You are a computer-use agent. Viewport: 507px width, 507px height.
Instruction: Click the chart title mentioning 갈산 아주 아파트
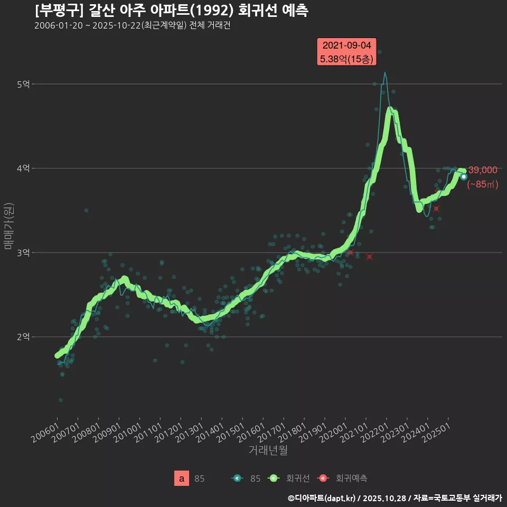(x=172, y=10)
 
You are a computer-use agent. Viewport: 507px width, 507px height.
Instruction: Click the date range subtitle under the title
(x=132, y=26)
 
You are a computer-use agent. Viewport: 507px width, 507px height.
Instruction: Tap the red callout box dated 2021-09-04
(x=346, y=52)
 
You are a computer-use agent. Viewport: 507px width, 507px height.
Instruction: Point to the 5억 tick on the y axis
(x=24, y=84)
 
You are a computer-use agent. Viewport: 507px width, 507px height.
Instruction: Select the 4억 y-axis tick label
(x=24, y=168)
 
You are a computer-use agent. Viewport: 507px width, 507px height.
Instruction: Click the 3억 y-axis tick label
(x=24, y=252)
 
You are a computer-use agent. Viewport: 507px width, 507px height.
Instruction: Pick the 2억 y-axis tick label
(x=24, y=337)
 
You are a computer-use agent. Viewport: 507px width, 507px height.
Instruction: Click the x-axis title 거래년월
(x=268, y=450)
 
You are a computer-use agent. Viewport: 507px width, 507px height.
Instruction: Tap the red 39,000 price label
(x=483, y=170)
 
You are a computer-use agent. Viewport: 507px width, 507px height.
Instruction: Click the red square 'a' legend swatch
(x=182, y=478)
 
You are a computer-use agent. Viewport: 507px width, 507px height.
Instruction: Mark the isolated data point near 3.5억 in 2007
(x=87, y=210)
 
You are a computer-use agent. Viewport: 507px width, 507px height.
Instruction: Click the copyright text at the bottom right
(x=395, y=498)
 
